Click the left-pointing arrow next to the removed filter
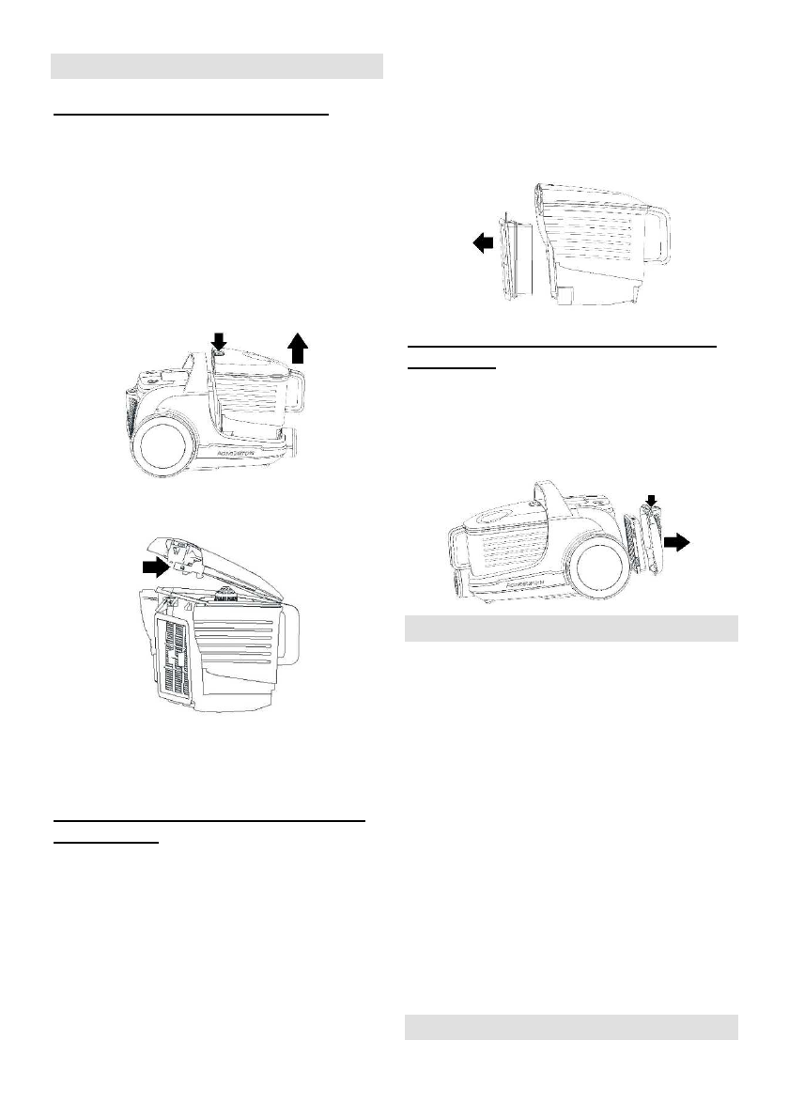pyautogui.click(x=481, y=243)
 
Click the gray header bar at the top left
pyautogui.click(x=216, y=67)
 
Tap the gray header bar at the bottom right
pyautogui.click(x=571, y=1027)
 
